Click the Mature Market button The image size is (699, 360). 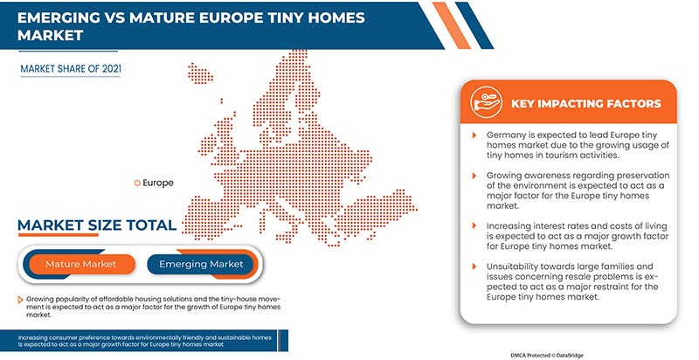[x=80, y=263]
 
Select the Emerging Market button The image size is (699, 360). [x=200, y=263]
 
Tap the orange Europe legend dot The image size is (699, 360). [x=136, y=183]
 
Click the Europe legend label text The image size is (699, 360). [x=157, y=183]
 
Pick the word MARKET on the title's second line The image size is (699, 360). [x=48, y=37]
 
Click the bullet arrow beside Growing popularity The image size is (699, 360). [x=18, y=300]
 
